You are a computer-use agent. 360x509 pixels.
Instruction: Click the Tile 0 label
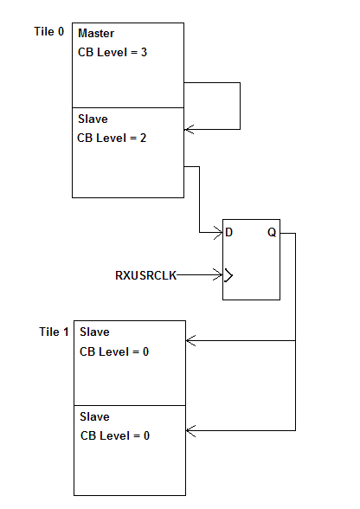48,32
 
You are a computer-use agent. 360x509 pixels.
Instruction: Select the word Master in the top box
97,33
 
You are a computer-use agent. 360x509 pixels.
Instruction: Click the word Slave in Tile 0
93,119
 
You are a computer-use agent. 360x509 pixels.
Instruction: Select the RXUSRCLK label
145,275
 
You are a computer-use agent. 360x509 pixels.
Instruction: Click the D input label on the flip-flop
229,233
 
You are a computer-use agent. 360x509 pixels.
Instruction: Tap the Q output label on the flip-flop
272,233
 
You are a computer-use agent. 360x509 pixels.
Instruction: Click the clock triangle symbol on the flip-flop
228,275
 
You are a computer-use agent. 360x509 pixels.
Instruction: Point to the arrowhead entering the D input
218,233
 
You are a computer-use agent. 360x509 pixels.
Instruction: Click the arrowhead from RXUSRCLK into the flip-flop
218,275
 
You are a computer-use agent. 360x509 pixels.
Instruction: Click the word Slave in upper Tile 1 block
94,332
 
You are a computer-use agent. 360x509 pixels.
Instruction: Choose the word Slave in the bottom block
94,417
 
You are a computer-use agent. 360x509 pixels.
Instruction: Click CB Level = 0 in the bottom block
114,435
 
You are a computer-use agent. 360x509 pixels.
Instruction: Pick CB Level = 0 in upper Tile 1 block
114,351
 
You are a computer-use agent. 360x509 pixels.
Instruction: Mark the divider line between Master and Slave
127,108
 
